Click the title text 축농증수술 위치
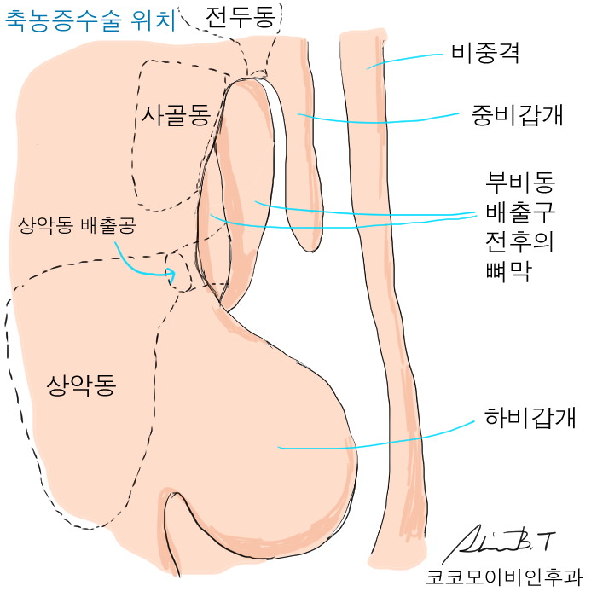click(x=91, y=21)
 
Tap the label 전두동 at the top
click(x=241, y=17)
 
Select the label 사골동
click(x=176, y=115)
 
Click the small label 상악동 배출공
click(x=77, y=226)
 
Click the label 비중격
click(x=485, y=55)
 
